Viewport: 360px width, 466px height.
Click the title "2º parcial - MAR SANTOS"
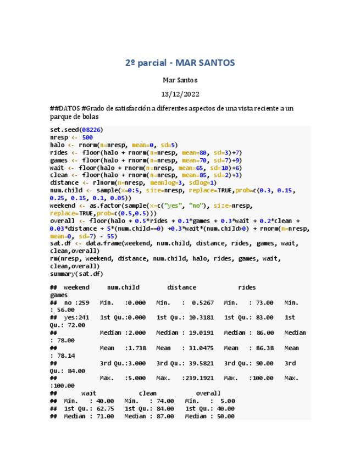pyautogui.click(x=180, y=63)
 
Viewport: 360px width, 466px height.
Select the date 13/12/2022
pyautogui.click(x=180, y=94)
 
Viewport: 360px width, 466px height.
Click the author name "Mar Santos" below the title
pyautogui.click(x=180, y=80)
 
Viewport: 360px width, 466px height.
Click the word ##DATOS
pyautogui.click(x=64, y=108)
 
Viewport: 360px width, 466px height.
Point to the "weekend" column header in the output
pyautogui.click(x=76, y=287)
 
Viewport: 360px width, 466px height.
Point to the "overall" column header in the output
pyautogui.click(x=208, y=393)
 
